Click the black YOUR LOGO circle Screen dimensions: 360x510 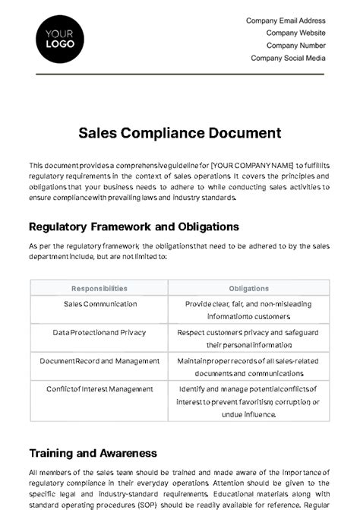pyautogui.click(x=60, y=39)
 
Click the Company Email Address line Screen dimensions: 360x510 pyautogui.click(x=286, y=21)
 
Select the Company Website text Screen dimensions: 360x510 pyautogui.click(x=295, y=33)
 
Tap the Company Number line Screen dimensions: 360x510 pyautogui.click(x=295, y=46)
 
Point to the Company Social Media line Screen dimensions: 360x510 pyautogui.click(x=288, y=58)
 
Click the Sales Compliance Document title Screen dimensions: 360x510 pyautogui.click(x=180, y=133)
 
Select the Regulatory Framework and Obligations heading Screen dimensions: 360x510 pyautogui.click(x=134, y=226)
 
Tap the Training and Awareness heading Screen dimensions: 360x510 pyautogui.click(x=93, y=453)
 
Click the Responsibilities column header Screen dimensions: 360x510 pyautogui.click(x=99, y=289)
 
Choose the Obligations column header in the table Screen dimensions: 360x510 pyautogui.click(x=248, y=289)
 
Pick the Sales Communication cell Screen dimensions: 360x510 pyautogui.click(x=99, y=304)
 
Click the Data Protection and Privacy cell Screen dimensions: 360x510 pyautogui.click(x=99, y=332)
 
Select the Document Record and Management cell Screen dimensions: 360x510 pyautogui.click(x=99, y=360)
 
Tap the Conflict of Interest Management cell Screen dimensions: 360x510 pyautogui.click(x=99, y=389)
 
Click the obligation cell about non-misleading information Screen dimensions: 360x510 pyautogui.click(x=248, y=310)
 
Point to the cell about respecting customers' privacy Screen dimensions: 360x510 pyautogui.click(x=248, y=338)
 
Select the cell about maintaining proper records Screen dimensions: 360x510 pyautogui.click(x=248, y=367)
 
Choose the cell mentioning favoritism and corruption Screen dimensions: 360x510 pyautogui.click(x=248, y=402)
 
